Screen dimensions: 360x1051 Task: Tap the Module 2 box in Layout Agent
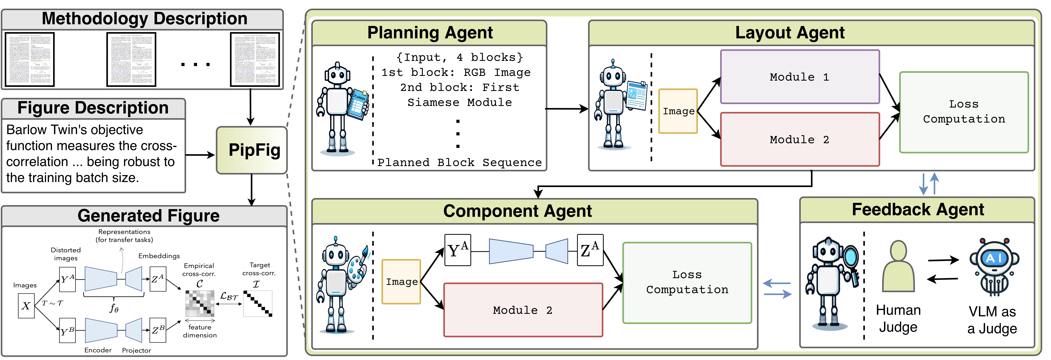point(800,140)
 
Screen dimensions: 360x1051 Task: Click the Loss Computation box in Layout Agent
point(964,112)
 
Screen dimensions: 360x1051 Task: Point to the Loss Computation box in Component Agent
point(687,283)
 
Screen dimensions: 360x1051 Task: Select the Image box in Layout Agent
point(678,111)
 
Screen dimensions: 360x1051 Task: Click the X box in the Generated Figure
point(26,306)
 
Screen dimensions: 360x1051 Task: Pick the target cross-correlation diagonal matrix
point(258,303)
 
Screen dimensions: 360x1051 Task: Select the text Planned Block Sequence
point(459,162)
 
